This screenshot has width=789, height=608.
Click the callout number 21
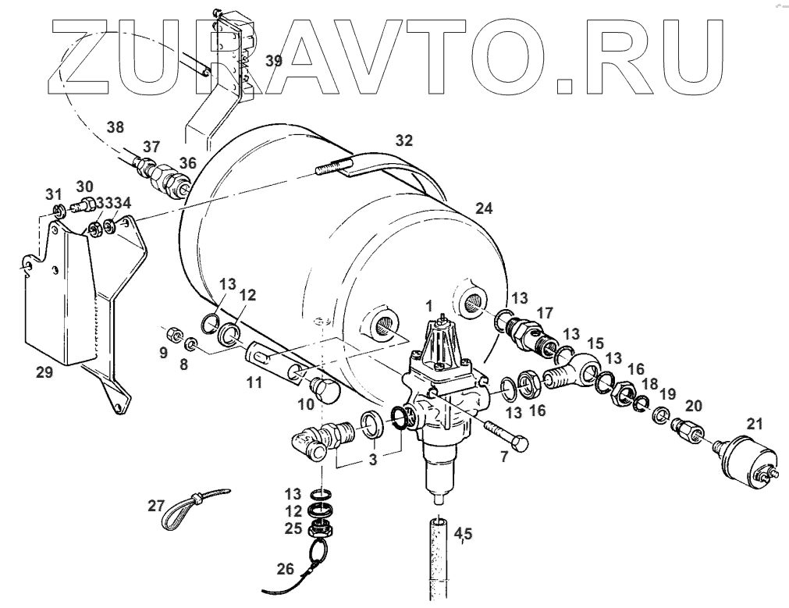point(753,424)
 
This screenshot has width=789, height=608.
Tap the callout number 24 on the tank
point(485,209)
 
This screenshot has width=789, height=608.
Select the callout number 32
point(403,140)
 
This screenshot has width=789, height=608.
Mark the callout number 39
point(272,62)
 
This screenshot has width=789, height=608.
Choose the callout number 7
point(504,457)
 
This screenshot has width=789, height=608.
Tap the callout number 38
point(116,127)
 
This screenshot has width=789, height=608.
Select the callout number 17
point(544,312)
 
